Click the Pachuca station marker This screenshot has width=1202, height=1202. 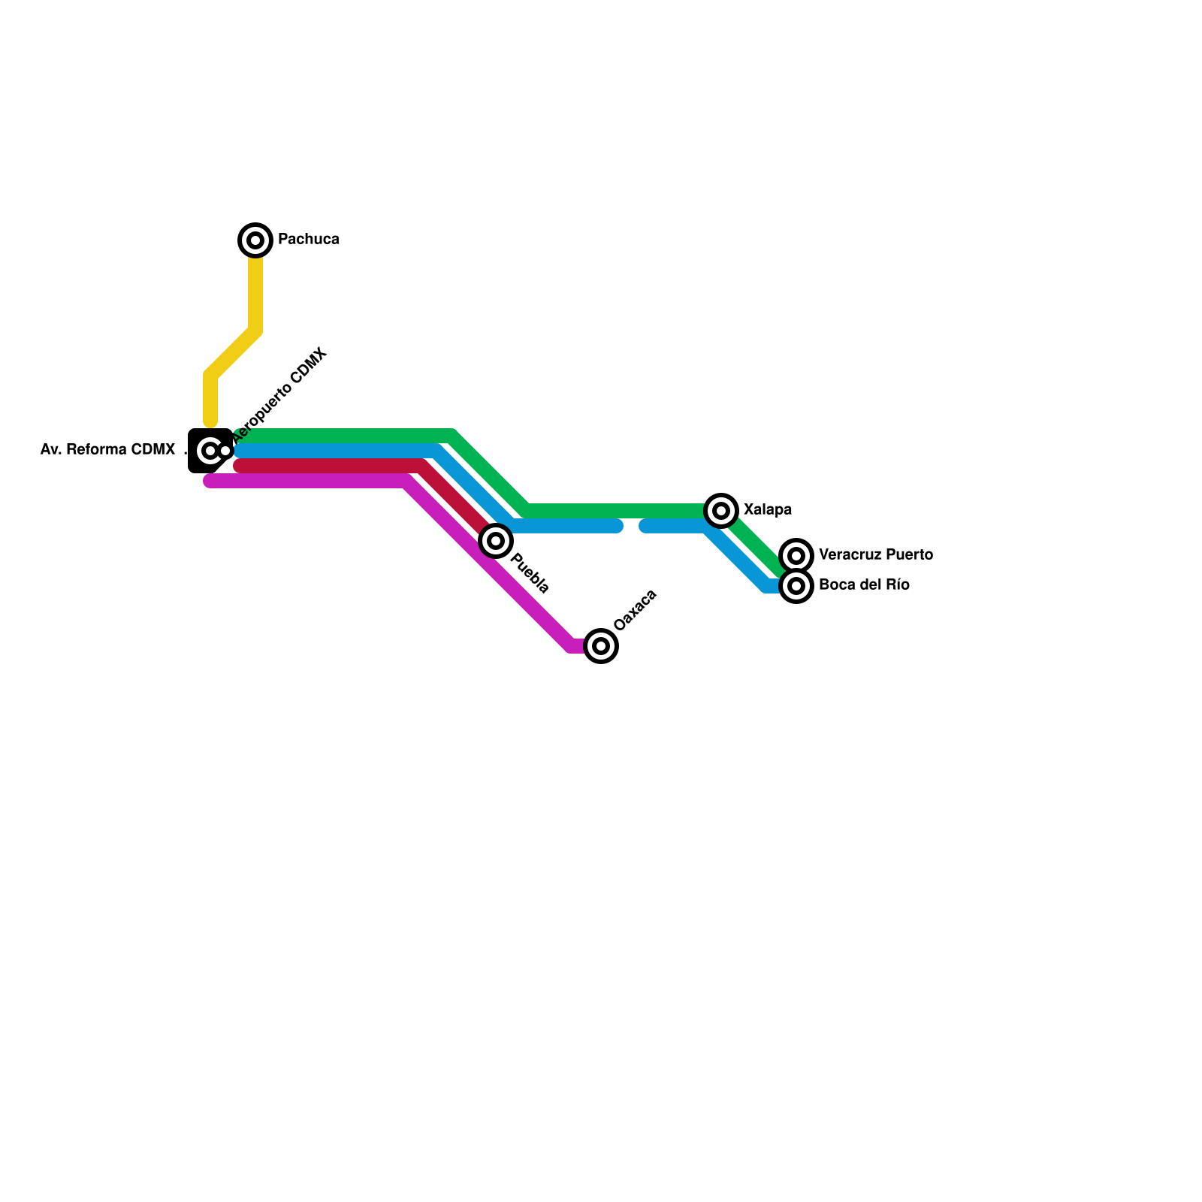tap(255, 240)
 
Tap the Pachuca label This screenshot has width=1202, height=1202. tap(308, 240)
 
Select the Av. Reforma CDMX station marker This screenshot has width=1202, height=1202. tap(210, 451)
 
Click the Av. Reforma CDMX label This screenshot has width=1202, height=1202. tap(107, 450)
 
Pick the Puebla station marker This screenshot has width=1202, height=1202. tap(496, 541)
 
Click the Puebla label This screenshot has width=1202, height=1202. tap(530, 574)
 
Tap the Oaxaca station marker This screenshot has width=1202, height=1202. tap(601, 646)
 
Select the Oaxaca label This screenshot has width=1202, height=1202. tap(635, 610)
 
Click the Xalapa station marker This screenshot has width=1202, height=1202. tap(721, 511)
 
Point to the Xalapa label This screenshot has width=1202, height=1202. tap(767, 510)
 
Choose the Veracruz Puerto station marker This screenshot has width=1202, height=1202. tap(796, 556)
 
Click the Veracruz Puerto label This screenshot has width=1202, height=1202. tap(875, 555)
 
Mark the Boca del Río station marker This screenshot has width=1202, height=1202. tap(796, 586)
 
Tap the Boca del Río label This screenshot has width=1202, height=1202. tap(864, 585)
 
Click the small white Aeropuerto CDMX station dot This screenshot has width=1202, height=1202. tap(225, 451)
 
